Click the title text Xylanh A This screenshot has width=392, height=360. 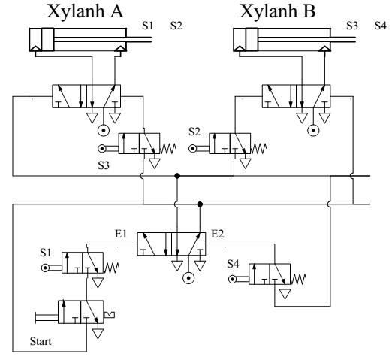point(85,12)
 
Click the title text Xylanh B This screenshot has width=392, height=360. point(277,12)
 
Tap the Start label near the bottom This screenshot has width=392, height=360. point(41,341)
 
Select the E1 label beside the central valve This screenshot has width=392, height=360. point(121,234)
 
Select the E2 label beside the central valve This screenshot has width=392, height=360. point(218,234)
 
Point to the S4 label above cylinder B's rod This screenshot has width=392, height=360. point(381,26)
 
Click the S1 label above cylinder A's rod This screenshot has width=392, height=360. point(148,26)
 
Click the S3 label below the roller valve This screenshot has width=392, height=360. point(104,165)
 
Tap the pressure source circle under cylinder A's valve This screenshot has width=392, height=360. point(104,131)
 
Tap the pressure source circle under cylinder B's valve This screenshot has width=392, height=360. point(313,131)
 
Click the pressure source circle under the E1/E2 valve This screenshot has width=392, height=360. point(188,278)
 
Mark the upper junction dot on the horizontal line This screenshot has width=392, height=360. point(177,176)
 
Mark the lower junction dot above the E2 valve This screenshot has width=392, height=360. point(200,204)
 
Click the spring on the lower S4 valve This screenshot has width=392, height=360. point(298,279)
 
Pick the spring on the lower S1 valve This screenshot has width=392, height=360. point(111,268)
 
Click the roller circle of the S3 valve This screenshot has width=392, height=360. point(102,149)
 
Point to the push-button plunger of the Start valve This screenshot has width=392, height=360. point(47,317)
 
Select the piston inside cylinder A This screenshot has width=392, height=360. point(48,40)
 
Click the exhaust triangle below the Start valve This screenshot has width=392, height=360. point(98,334)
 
